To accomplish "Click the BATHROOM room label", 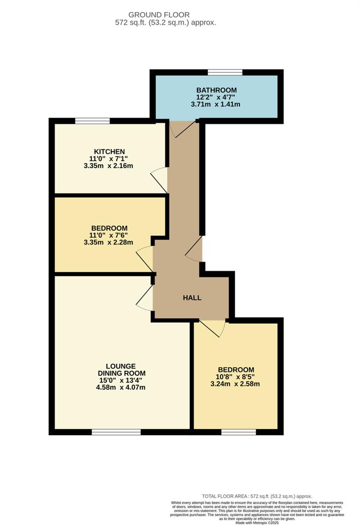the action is coord(216,90).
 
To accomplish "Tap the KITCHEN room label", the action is coord(109,152).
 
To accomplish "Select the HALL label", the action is coord(192,297).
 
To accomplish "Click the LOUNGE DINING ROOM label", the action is coord(121,369).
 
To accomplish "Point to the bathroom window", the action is coord(225,72).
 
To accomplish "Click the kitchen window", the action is coord(92,121).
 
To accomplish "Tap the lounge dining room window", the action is coord(116,432).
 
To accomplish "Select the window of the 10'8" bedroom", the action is coord(239,432).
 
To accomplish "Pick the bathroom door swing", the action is coord(182,129).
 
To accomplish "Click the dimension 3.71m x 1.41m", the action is coord(215,104).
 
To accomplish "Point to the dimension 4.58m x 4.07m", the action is coord(121,387).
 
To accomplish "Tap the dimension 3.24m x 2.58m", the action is coord(235,384).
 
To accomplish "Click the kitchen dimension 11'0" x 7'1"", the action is coord(109,158).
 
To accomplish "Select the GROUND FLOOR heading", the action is coord(159,15).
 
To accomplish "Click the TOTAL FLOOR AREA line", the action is coord(257,496).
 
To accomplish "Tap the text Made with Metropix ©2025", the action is coord(257,522).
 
